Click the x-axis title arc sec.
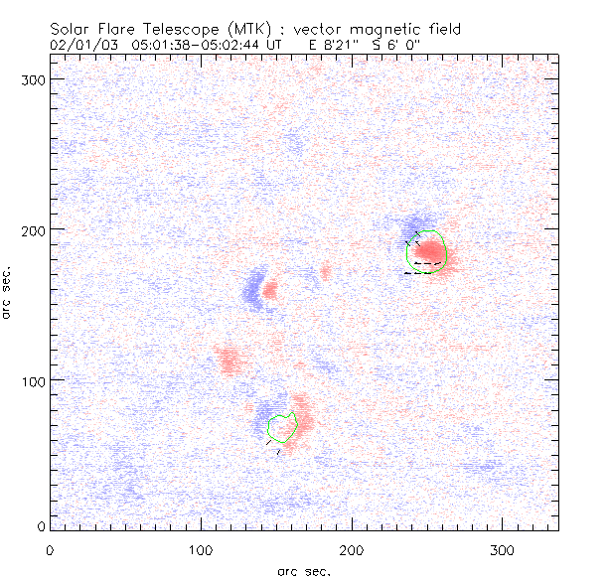303,570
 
